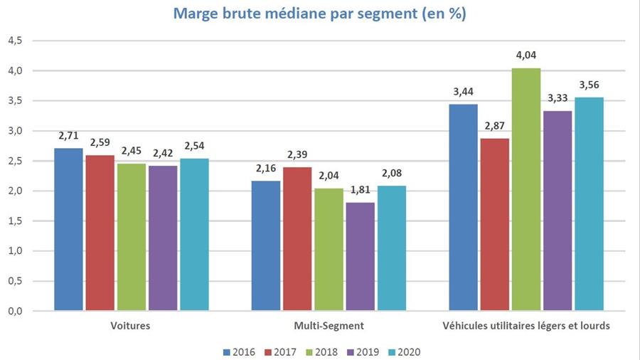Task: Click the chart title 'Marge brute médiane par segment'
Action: point(319,15)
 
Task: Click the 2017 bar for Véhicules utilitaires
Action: point(495,224)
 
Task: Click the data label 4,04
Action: point(526,55)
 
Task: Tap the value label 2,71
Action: point(68,134)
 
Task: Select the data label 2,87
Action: point(495,125)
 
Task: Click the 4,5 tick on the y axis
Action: point(15,41)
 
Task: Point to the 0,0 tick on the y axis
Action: point(15,311)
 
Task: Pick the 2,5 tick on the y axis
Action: point(15,161)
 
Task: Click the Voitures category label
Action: point(131,326)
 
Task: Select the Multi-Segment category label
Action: point(329,326)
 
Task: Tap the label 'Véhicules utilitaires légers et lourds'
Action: point(526,326)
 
